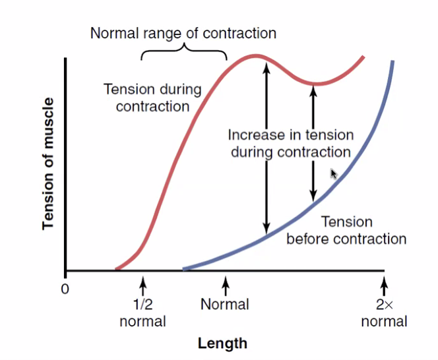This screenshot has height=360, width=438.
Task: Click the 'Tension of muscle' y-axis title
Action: coord(47,164)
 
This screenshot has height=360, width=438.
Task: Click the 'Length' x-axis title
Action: coord(222,344)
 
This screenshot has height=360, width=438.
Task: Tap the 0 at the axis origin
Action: coord(64,289)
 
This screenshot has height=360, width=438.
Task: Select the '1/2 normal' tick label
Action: coord(142,313)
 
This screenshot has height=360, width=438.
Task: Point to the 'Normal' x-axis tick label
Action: coord(225,305)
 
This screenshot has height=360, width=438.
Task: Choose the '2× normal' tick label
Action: coord(384,313)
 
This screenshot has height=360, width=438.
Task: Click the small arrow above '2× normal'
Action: coord(385,285)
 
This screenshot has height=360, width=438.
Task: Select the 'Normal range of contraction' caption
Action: coord(183,33)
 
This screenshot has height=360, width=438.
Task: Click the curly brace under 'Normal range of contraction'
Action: coord(183,52)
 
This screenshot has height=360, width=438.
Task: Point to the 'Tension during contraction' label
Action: coord(152,97)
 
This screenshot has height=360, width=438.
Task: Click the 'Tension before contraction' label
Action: coord(346,230)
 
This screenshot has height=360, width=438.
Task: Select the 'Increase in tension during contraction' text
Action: coord(290,143)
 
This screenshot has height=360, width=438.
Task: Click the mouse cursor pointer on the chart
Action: coord(334,173)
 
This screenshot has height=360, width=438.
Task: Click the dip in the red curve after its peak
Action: coord(315,84)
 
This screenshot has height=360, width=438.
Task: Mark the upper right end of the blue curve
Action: coord(393,62)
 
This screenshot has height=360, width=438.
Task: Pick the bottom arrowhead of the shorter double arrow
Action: coord(313,197)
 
